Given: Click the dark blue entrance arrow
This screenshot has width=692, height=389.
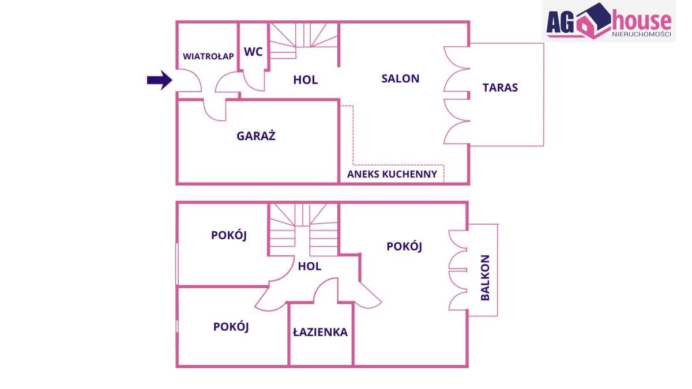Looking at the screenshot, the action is coord(159,80).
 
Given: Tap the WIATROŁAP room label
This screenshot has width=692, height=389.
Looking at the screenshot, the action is coord(208,56).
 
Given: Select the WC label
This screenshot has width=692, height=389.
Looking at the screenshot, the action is coord(253,52).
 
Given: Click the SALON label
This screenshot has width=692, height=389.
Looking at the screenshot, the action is coord(400,79).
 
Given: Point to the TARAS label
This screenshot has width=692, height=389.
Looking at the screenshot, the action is coord(500,88).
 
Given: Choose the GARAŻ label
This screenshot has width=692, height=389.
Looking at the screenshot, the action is coord(256,135).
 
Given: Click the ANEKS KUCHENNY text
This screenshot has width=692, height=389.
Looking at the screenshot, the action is coord(392,174).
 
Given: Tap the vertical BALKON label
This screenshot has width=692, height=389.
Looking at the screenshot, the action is coord(486,278).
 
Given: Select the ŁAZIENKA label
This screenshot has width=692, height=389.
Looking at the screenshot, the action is coord(320,332).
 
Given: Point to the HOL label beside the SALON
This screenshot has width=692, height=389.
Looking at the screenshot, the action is coord(305,80).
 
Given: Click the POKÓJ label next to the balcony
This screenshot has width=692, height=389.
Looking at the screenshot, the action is coord(404,247).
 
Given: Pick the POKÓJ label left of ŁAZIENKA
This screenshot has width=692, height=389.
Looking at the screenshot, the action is coord(231,327).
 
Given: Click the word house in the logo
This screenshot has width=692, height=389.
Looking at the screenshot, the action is coord(641,20).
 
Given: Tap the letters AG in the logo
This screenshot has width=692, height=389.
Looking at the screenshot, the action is coord(560,22).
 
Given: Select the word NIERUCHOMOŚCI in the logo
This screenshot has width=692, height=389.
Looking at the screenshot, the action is coord(642,34).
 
